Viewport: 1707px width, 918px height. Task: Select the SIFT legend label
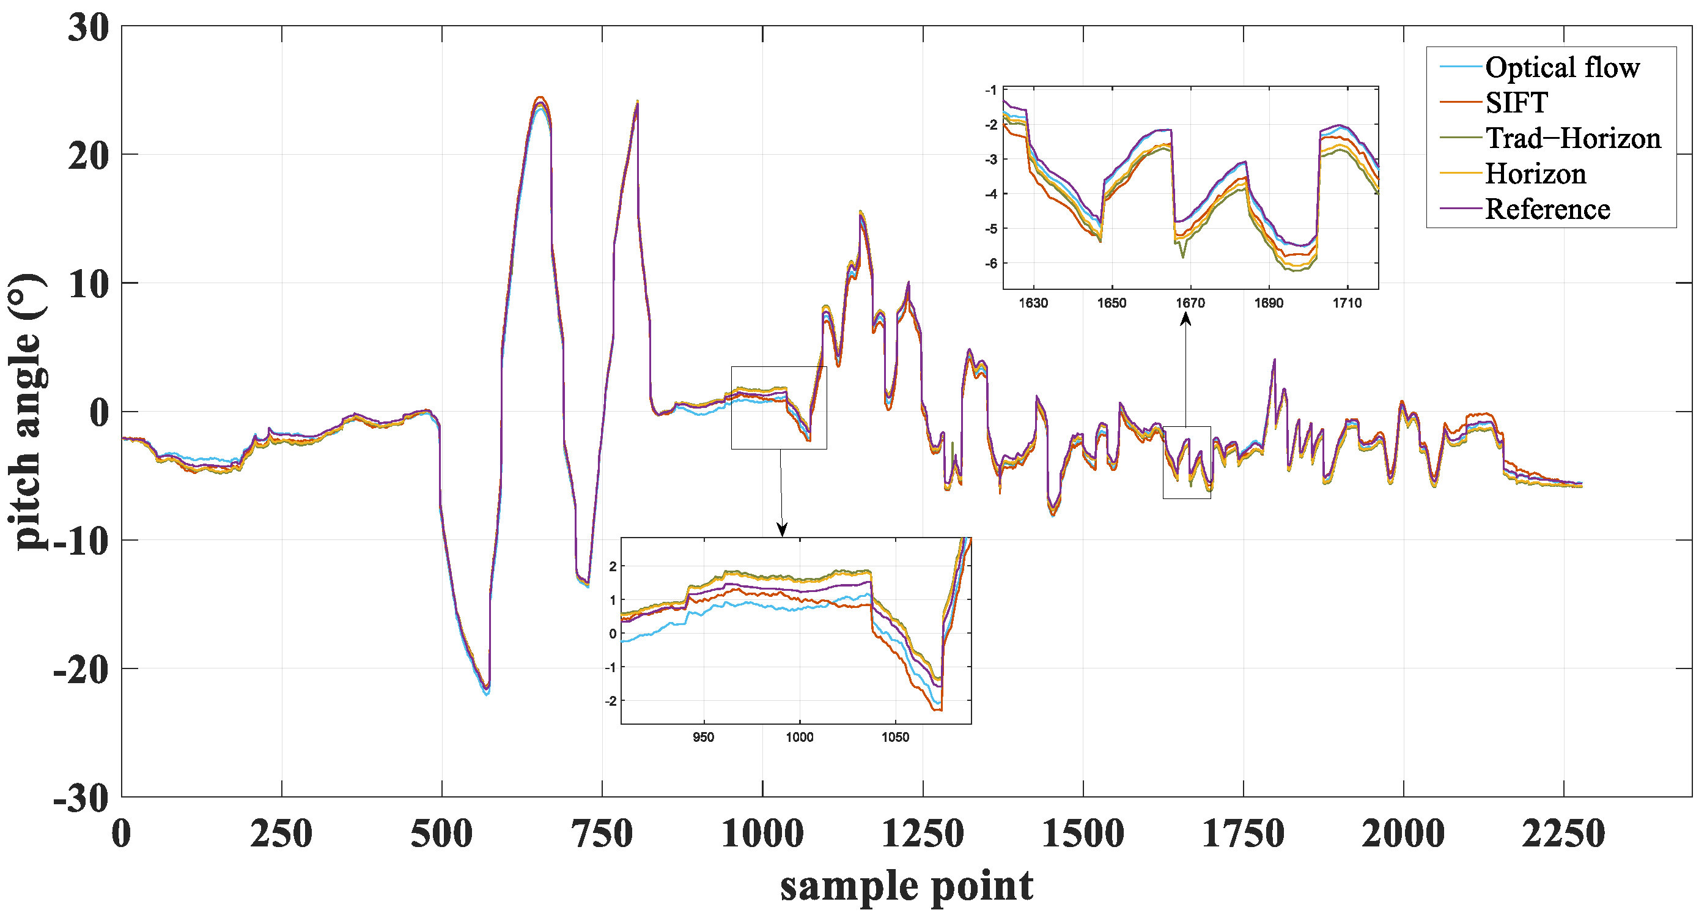tap(1516, 103)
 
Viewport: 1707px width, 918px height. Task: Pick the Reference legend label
tap(1547, 209)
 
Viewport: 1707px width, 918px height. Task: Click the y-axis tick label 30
tap(88, 29)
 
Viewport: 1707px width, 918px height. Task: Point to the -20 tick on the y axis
tap(81, 670)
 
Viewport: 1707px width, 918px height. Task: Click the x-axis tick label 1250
tap(923, 834)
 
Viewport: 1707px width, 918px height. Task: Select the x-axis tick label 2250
tap(1563, 834)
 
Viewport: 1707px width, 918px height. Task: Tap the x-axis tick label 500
tap(441, 834)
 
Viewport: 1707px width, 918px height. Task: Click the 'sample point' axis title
tap(906, 886)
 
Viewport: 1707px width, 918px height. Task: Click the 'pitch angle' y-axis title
tap(26, 412)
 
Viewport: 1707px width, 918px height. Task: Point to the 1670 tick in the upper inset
tap(1190, 303)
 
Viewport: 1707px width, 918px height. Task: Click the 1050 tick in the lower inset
tap(894, 737)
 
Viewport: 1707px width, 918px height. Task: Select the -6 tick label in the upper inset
tap(990, 264)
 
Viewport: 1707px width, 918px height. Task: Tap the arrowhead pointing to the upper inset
tap(1185, 319)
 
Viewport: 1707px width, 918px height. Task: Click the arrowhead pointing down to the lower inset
tap(782, 530)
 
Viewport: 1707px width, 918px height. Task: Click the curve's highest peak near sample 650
tap(540, 98)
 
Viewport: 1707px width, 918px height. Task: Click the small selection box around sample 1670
tap(1186, 462)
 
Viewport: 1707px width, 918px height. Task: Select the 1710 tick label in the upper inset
tap(1347, 303)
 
